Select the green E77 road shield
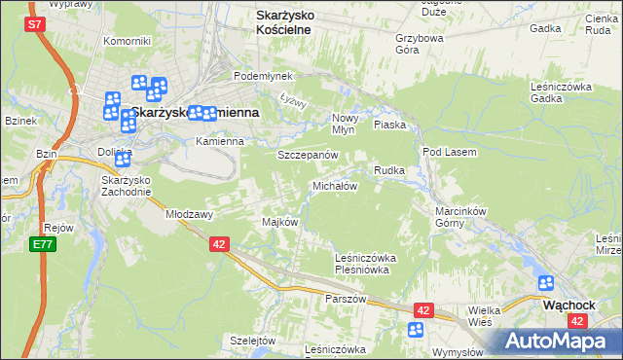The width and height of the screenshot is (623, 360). (42, 244)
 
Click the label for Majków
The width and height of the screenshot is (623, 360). (279, 222)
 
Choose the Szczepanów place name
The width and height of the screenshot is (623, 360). (308, 156)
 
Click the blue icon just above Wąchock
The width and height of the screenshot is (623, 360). (546, 283)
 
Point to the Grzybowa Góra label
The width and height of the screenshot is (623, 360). (420, 46)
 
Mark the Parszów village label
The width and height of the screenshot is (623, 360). (346, 299)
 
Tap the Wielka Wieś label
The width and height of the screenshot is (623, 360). (485, 314)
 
